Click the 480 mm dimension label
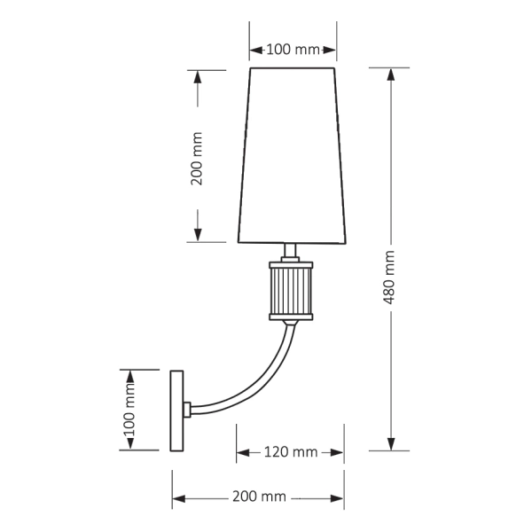pyautogui.click(x=390, y=276)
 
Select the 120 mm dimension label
pyautogui.click(x=291, y=452)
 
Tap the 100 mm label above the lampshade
pyautogui.click(x=293, y=50)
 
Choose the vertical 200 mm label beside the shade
pyautogui.click(x=197, y=158)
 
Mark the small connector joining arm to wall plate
pyautogui.click(x=187, y=410)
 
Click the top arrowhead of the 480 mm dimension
pyautogui.click(x=390, y=74)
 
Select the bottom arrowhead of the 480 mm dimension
pyautogui.click(x=390, y=442)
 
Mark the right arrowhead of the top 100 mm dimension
pyautogui.click(x=332, y=50)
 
